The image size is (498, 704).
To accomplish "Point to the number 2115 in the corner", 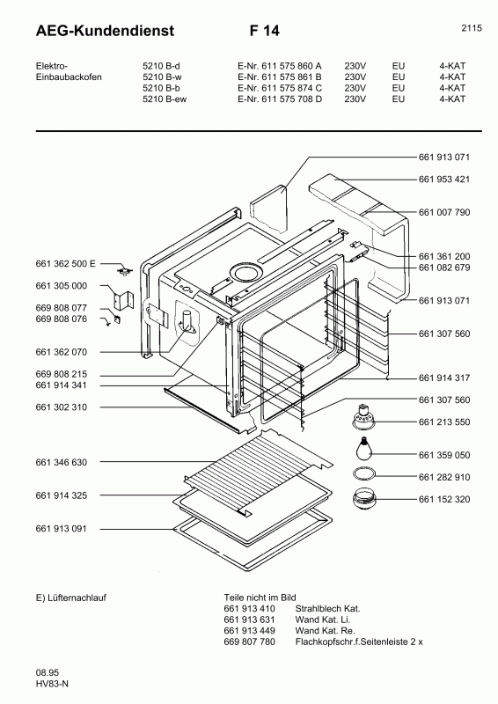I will click(x=471, y=28).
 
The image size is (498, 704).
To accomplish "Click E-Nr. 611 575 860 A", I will click(x=279, y=65).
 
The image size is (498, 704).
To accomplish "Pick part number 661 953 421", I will click(x=444, y=180).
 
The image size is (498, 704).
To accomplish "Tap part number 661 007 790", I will click(x=444, y=212).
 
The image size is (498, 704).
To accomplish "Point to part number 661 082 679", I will click(x=444, y=268).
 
